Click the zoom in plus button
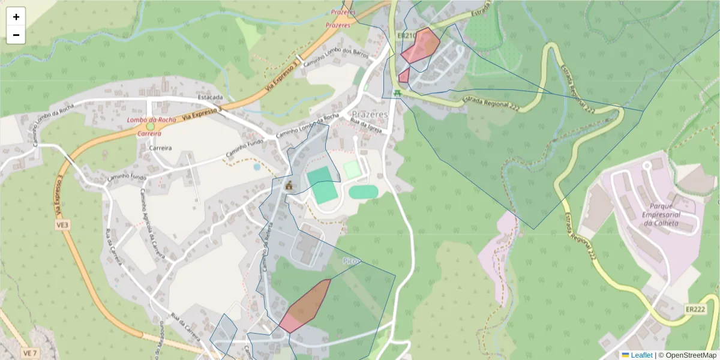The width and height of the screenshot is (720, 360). pos(16,17)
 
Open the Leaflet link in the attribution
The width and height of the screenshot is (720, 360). pos(641,355)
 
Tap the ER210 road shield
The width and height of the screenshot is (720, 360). pos(407,36)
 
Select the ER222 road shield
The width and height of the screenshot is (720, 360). pos(695,309)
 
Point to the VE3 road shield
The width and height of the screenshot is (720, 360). pos(63,224)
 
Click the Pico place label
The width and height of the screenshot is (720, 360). pos(352,262)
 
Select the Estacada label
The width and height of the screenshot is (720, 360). pos(210,97)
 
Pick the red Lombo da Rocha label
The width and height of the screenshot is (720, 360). pos(151,120)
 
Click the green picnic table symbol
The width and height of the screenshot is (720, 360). pos(397,93)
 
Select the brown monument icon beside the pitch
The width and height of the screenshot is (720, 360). pos(289,185)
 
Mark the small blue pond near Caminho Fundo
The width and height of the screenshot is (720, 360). pos(257,167)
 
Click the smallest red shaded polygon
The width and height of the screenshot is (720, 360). pos(404,76)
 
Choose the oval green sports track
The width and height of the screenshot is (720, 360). pos(363,192)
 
